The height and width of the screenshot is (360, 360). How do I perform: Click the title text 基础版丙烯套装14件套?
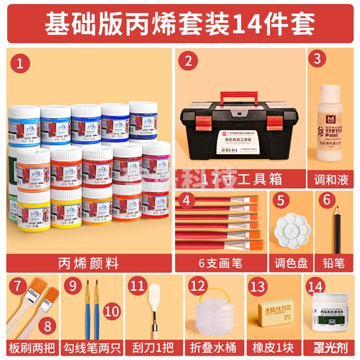coord(180,23)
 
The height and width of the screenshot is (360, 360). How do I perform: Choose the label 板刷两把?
coord(33,347)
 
